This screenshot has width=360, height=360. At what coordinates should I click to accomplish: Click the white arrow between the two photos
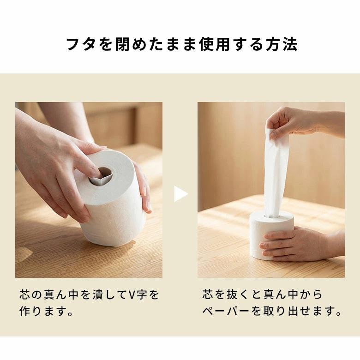pyautogui.click(x=180, y=194)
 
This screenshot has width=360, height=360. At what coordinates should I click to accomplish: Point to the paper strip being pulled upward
pyautogui.click(x=275, y=175)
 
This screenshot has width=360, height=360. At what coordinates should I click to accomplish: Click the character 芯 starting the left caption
pyautogui.click(x=24, y=294)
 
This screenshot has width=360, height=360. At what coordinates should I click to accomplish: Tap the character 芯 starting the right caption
pyautogui.click(x=207, y=294)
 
